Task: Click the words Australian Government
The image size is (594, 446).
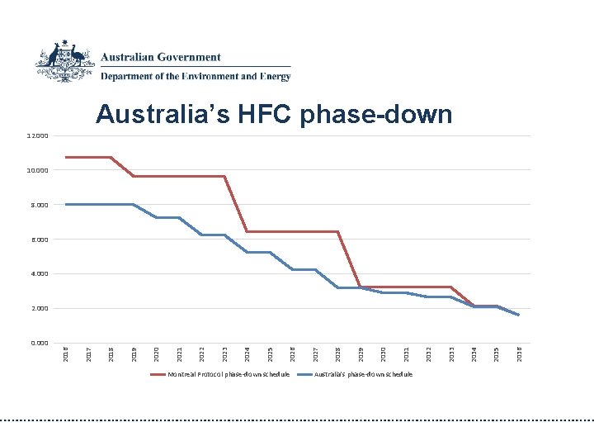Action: click(161, 58)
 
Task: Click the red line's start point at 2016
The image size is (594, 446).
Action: click(66, 157)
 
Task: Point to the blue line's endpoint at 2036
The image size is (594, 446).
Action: click(518, 315)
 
